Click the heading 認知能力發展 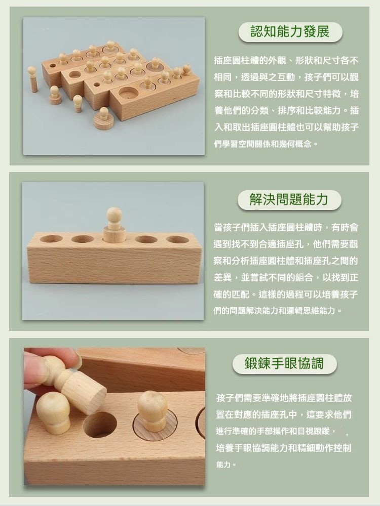pyautogui.click(x=290, y=32)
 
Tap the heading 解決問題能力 pyautogui.click(x=289, y=199)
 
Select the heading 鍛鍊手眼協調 pyautogui.click(x=284, y=363)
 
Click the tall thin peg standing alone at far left pyautogui.click(x=32, y=79)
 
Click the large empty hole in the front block pyautogui.click(x=128, y=93)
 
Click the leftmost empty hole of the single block pyautogui.click(x=51, y=239)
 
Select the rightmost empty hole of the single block pyautogui.click(x=177, y=240)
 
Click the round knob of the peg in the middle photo pyautogui.click(x=114, y=215)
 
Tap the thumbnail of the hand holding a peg pyautogui.click(x=115, y=416)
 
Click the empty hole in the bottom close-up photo pyautogui.click(x=100, y=425)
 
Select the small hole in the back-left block pyautogui.click(x=53, y=65)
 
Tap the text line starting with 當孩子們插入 pyautogui.click(x=286, y=227)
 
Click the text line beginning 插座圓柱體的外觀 pyautogui.click(x=286, y=60)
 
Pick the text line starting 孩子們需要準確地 pyautogui.click(x=284, y=398)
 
